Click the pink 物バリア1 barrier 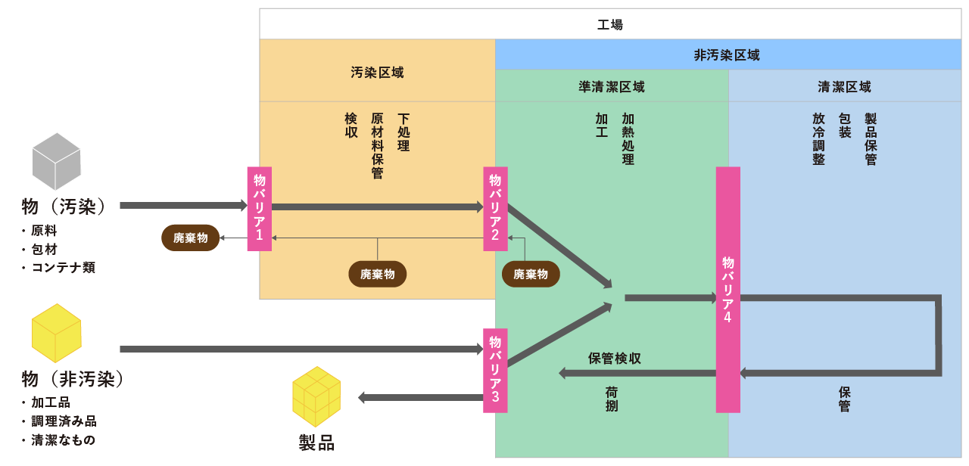[259, 209]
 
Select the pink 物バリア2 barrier [495, 209]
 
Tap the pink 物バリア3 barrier [495, 370]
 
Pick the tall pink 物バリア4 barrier [728, 290]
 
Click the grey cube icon [56, 161]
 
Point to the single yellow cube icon [56, 333]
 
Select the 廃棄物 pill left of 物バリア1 [190, 238]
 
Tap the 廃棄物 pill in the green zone [530, 274]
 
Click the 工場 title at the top [610, 24]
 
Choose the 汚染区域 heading [377, 73]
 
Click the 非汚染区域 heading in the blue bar [727, 54]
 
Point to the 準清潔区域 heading [612, 87]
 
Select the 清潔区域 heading [845, 87]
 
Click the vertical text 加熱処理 [628, 139]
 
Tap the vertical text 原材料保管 [377, 146]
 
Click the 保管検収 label [615, 359]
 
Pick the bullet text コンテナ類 [64, 267]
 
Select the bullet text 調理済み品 [64, 421]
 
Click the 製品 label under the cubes [316, 443]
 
